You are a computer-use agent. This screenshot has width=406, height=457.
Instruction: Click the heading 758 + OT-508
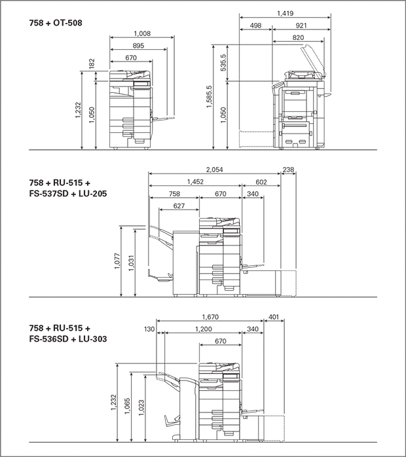pyautogui.click(x=56, y=23)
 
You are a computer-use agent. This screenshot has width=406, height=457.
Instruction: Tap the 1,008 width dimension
pyautogui.click(x=142, y=33)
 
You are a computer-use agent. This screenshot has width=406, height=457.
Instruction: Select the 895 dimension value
pyautogui.click(x=138, y=46)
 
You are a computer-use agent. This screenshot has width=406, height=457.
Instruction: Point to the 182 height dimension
pyautogui.click(x=92, y=64)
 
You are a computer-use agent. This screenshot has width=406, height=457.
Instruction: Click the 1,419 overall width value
pyautogui.click(x=285, y=13)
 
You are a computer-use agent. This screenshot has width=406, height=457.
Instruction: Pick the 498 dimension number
pyautogui.click(x=255, y=26)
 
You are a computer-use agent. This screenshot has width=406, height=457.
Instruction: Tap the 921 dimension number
pyautogui.click(x=301, y=26)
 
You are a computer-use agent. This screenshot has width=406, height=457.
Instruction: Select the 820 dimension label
pyautogui.click(x=298, y=37)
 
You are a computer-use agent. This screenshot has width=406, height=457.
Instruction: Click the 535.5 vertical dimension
pyautogui.click(x=223, y=62)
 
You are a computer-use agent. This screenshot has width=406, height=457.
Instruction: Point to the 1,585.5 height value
pyautogui.click(x=210, y=97)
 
